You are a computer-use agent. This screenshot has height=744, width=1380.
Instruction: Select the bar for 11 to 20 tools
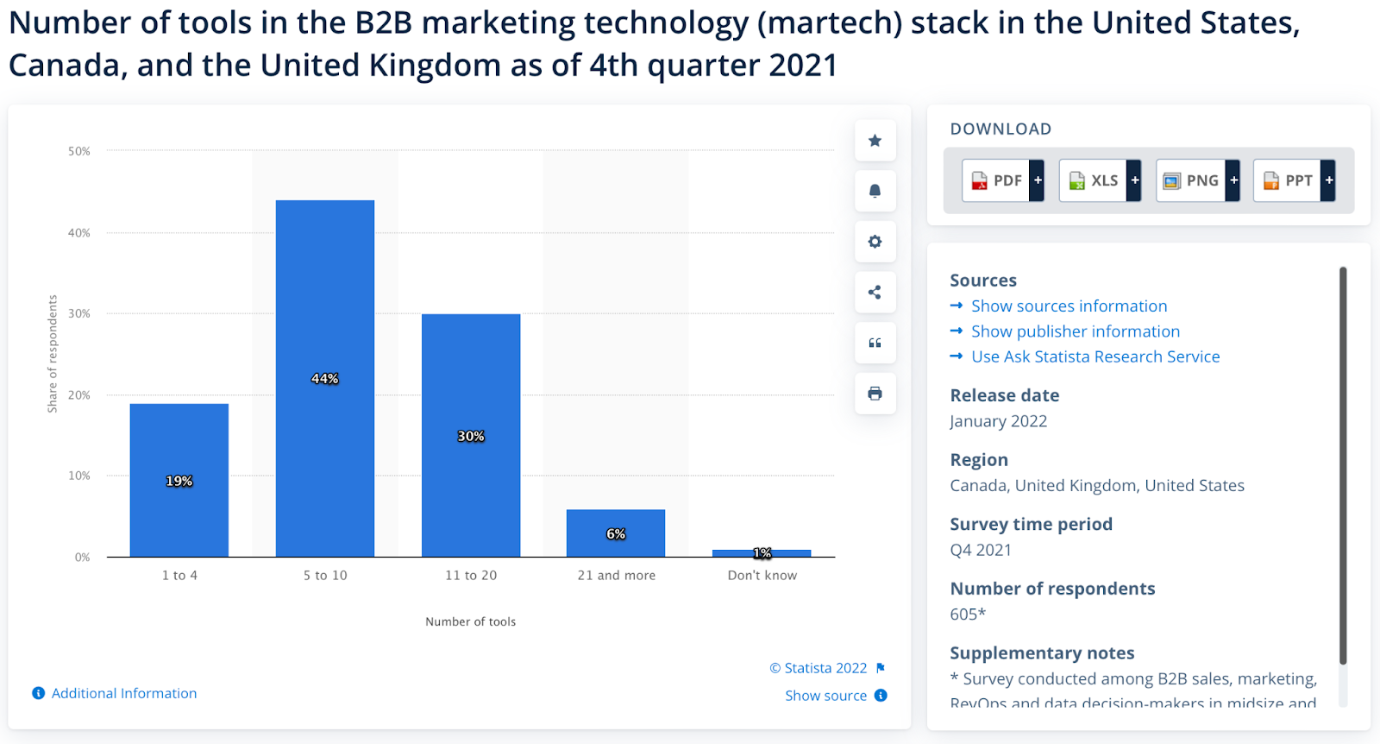click(x=471, y=435)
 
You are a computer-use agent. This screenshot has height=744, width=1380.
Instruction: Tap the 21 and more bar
click(x=616, y=533)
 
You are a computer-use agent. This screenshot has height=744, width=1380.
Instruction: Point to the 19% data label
click(x=179, y=481)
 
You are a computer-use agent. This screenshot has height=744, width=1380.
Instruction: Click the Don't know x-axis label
click(x=762, y=575)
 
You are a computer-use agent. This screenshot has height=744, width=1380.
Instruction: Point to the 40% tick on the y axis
click(x=79, y=233)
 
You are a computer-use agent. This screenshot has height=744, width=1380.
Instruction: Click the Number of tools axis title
click(x=470, y=621)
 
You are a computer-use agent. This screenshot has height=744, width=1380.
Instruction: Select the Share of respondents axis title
click(x=53, y=354)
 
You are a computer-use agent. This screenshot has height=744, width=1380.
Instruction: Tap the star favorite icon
click(x=875, y=141)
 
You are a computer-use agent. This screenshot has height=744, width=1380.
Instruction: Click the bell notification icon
click(x=875, y=191)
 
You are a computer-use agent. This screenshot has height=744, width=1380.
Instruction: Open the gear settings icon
click(x=875, y=242)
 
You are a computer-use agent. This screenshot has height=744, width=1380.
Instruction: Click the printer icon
click(x=875, y=394)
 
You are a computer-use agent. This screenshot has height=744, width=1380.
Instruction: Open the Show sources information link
click(x=1069, y=306)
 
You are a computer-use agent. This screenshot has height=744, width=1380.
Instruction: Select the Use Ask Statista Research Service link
click(x=1095, y=356)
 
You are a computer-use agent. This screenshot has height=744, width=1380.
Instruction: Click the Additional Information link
click(x=123, y=693)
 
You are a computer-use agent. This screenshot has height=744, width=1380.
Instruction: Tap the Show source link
click(x=825, y=696)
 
